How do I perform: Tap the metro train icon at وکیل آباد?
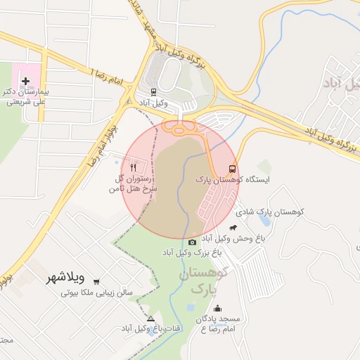click(154, 91)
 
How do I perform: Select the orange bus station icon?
click(232, 169)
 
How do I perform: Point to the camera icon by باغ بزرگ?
click(193, 242)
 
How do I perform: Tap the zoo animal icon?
click(243, 226)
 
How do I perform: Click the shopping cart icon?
click(96, 280)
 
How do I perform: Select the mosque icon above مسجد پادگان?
click(217, 308)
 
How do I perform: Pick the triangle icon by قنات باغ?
click(150, 319)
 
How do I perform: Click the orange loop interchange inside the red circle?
click(180, 129)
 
